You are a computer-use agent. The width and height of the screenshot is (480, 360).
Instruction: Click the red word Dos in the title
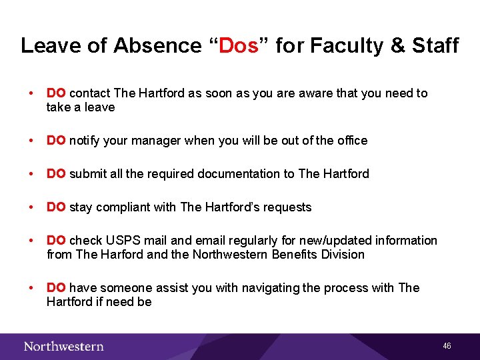238,46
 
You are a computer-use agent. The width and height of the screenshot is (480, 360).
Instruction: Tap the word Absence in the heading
157,46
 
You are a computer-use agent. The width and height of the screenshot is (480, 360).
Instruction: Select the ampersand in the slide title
397,46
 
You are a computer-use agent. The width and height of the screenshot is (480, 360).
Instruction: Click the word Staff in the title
435,46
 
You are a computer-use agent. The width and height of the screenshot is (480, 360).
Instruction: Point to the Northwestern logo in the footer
63,346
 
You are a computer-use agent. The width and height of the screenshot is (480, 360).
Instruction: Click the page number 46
447,346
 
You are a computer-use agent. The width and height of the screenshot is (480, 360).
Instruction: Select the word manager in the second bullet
158,141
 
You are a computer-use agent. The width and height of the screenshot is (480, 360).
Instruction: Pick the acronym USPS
117,241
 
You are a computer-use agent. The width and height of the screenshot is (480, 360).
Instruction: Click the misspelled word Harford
122,255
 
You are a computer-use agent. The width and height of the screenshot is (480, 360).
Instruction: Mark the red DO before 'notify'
56,141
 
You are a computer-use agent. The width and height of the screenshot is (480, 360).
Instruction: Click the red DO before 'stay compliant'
56,207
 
